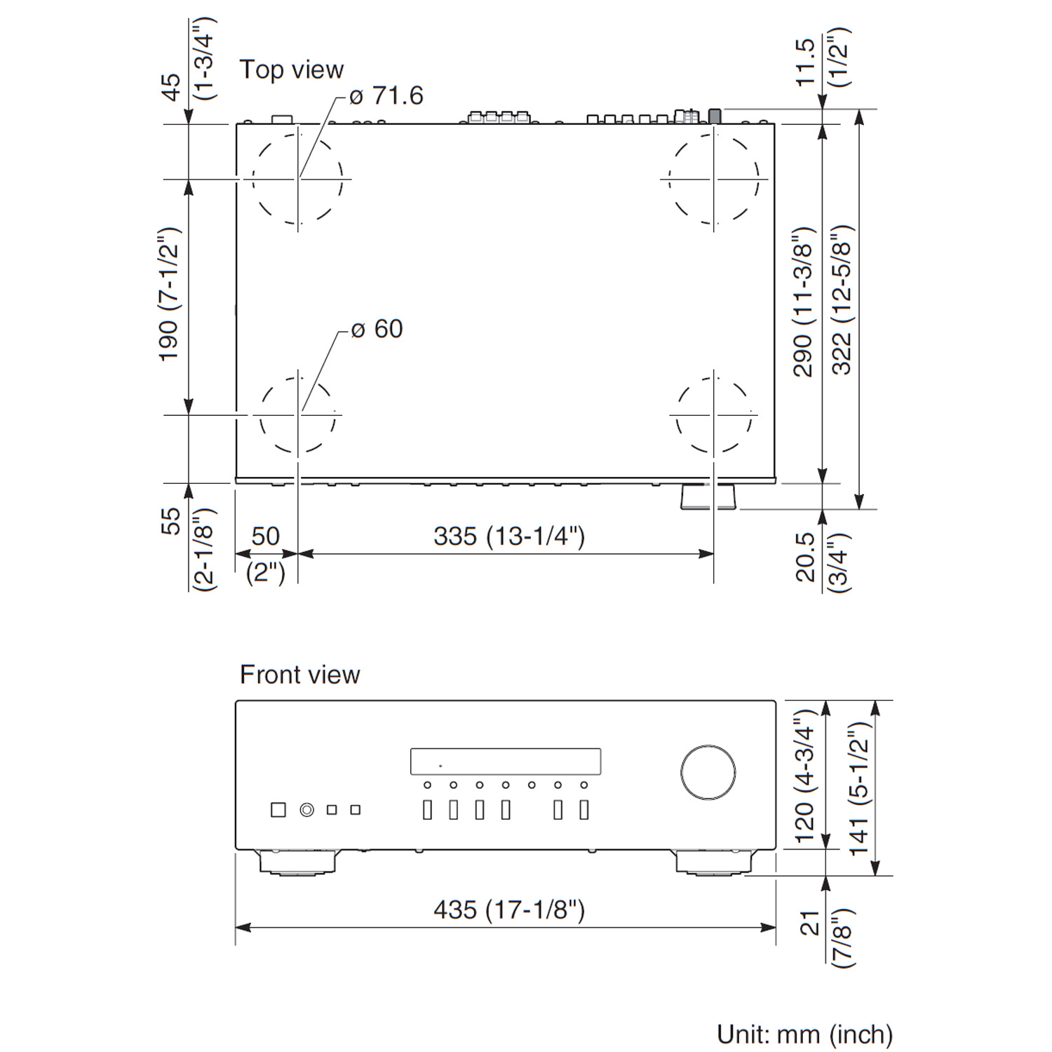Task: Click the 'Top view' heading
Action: click(291, 70)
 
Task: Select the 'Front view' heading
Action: click(299, 675)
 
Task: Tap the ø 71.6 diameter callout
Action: click(386, 95)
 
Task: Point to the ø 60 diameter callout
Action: click(377, 329)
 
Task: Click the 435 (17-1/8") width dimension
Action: click(509, 910)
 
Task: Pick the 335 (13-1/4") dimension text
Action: click(509, 537)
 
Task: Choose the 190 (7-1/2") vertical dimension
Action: click(170, 295)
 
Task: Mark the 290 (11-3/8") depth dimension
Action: click(804, 302)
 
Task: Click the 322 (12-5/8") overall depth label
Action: click(842, 300)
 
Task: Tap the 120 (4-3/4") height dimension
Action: click(804, 776)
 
